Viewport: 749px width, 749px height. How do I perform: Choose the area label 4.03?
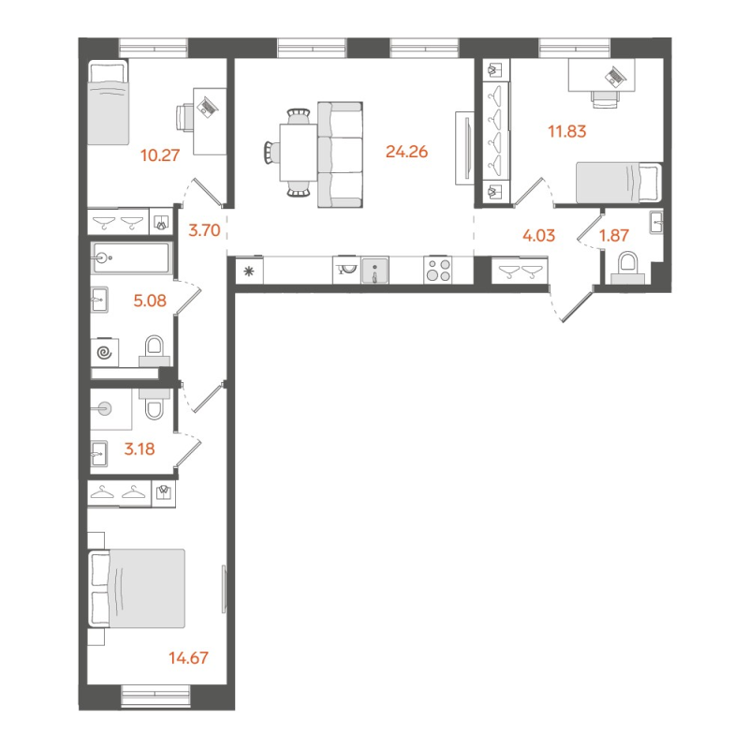point(540,235)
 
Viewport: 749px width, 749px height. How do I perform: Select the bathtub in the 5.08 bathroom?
point(131,257)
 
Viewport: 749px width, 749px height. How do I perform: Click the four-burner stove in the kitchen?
point(439,271)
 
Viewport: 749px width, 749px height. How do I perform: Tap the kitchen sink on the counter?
point(374,271)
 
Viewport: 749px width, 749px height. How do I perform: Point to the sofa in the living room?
point(340,155)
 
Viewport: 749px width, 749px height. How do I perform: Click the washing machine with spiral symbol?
point(105,353)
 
